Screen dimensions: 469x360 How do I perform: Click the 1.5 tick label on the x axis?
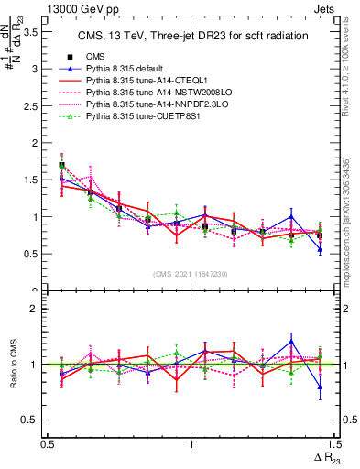click(x=333, y=444)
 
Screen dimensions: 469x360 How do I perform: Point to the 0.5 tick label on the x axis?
click(x=48, y=444)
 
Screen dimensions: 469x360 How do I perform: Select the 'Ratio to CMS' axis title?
click(x=13, y=365)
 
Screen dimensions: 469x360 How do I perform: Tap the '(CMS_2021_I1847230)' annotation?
click(x=191, y=275)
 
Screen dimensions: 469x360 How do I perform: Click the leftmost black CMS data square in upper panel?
click(x=62, y=166)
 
